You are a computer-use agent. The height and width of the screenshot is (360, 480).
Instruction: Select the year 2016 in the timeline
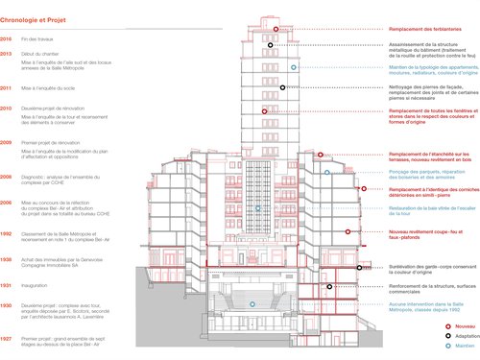coord(6,37)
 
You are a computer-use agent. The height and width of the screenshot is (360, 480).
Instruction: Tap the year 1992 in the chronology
coord(6,233)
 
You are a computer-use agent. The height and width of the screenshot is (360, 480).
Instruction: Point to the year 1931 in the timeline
coord(6,285)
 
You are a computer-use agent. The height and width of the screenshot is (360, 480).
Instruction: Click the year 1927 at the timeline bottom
coord(6,338)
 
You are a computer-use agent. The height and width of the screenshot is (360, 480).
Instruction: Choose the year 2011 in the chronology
coord(6,87)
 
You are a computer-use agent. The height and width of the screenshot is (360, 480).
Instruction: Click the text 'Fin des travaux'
coord(38,37)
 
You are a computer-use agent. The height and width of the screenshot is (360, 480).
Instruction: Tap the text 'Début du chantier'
coord(41,54)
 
